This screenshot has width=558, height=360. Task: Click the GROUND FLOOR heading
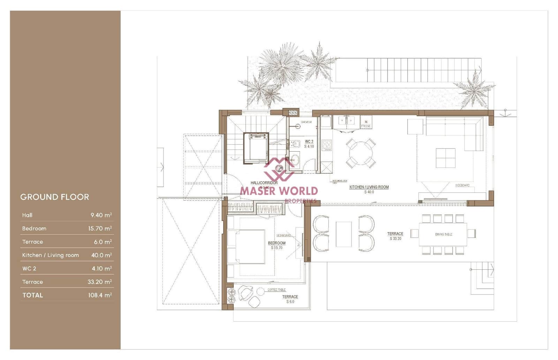(x=55, y=197)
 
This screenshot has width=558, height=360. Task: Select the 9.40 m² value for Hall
(x=101, y=215)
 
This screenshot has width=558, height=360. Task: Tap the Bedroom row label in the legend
(x=34, y=228)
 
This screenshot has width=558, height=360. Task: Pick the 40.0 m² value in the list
(x=101, y=255)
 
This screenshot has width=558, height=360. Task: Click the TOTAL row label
(x=33, y=295)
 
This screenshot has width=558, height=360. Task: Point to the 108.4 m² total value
(x=100, y=295)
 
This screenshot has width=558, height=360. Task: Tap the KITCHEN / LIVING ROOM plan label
(x=369, y=187)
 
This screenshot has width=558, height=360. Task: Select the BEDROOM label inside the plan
(x=277, y=243)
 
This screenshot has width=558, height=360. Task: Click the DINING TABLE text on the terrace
(x=443, y=234)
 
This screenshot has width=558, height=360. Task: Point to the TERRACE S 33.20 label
(x=395, y=236)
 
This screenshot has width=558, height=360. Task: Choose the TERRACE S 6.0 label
(x=290, y=299)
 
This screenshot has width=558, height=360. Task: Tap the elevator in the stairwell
(x=256, y=148)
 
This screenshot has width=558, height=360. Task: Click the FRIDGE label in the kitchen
(x=365, y=126)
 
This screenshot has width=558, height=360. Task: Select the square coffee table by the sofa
(x=445, y=158)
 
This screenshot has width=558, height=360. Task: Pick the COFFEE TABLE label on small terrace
(x=277, y=290)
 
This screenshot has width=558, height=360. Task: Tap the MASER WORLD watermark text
(x=279, y=191)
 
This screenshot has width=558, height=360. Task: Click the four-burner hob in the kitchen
(x=327, y=145)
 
